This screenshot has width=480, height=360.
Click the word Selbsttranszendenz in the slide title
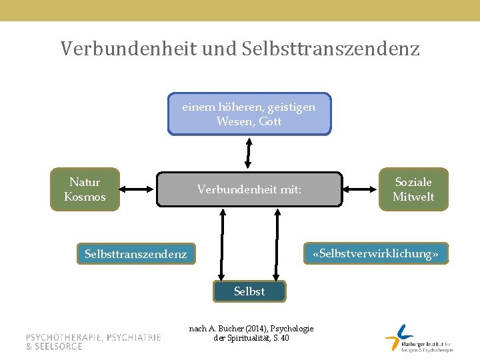click(x=331, y=49)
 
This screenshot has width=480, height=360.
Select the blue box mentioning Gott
click(x=249, y=114)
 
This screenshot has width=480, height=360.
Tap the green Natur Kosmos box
click(x=85, y=189)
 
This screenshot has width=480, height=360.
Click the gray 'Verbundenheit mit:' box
click(x=249, y=189)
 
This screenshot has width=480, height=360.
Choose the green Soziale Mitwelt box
click(x=413, y=189)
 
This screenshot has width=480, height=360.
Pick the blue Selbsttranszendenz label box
click(x=136, y=254)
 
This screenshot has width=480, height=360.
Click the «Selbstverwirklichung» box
click(x=376, y=254)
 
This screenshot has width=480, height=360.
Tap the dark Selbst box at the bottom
click(x=249, y=291)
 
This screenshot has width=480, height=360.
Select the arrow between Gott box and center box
click(x=248, y=153)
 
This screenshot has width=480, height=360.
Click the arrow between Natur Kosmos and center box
click(x=137, y=189)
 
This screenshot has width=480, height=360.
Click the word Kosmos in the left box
click(x=85, y=197)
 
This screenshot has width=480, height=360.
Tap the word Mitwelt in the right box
click(x=413, y=197)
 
